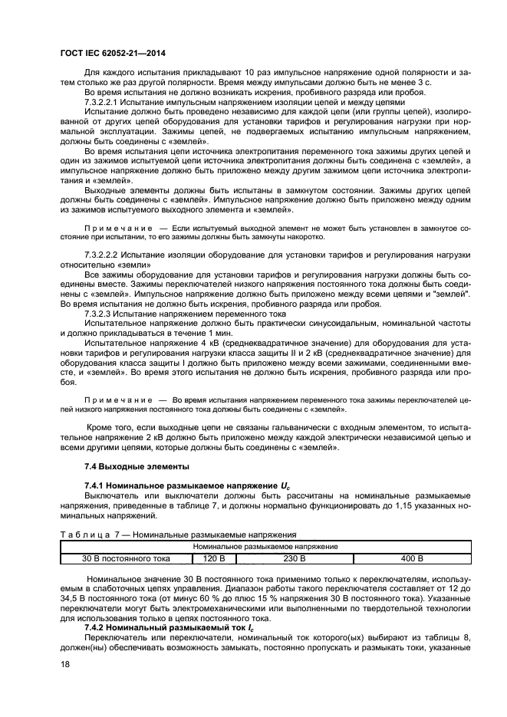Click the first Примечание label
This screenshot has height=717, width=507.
coord(114,229)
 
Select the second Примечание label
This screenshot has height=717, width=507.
coord(114,400)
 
